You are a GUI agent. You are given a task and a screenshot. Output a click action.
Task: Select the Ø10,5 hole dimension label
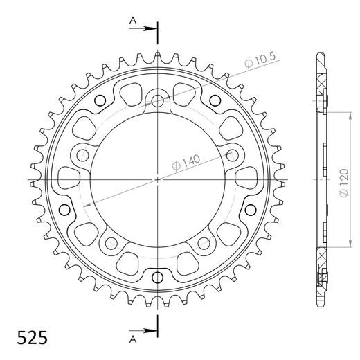tap(260, 63)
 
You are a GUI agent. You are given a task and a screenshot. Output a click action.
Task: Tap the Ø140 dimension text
tap(185, 162)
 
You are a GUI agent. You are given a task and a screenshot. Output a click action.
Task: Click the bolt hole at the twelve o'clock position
tap(158, 101)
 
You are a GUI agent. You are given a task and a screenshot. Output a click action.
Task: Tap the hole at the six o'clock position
tap(158, 278)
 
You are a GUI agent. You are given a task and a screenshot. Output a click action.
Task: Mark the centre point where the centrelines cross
tap(158, 179)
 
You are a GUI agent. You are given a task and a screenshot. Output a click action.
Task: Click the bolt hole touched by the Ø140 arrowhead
tap(231, 154)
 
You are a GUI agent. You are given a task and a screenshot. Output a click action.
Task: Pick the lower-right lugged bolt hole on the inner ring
tap(204, 242)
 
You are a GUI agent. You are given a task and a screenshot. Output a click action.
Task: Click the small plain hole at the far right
tap(251, 209)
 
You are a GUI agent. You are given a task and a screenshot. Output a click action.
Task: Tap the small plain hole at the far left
tap(65, 209)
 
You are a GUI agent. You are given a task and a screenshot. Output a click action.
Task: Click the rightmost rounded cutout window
tap(244, 177)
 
